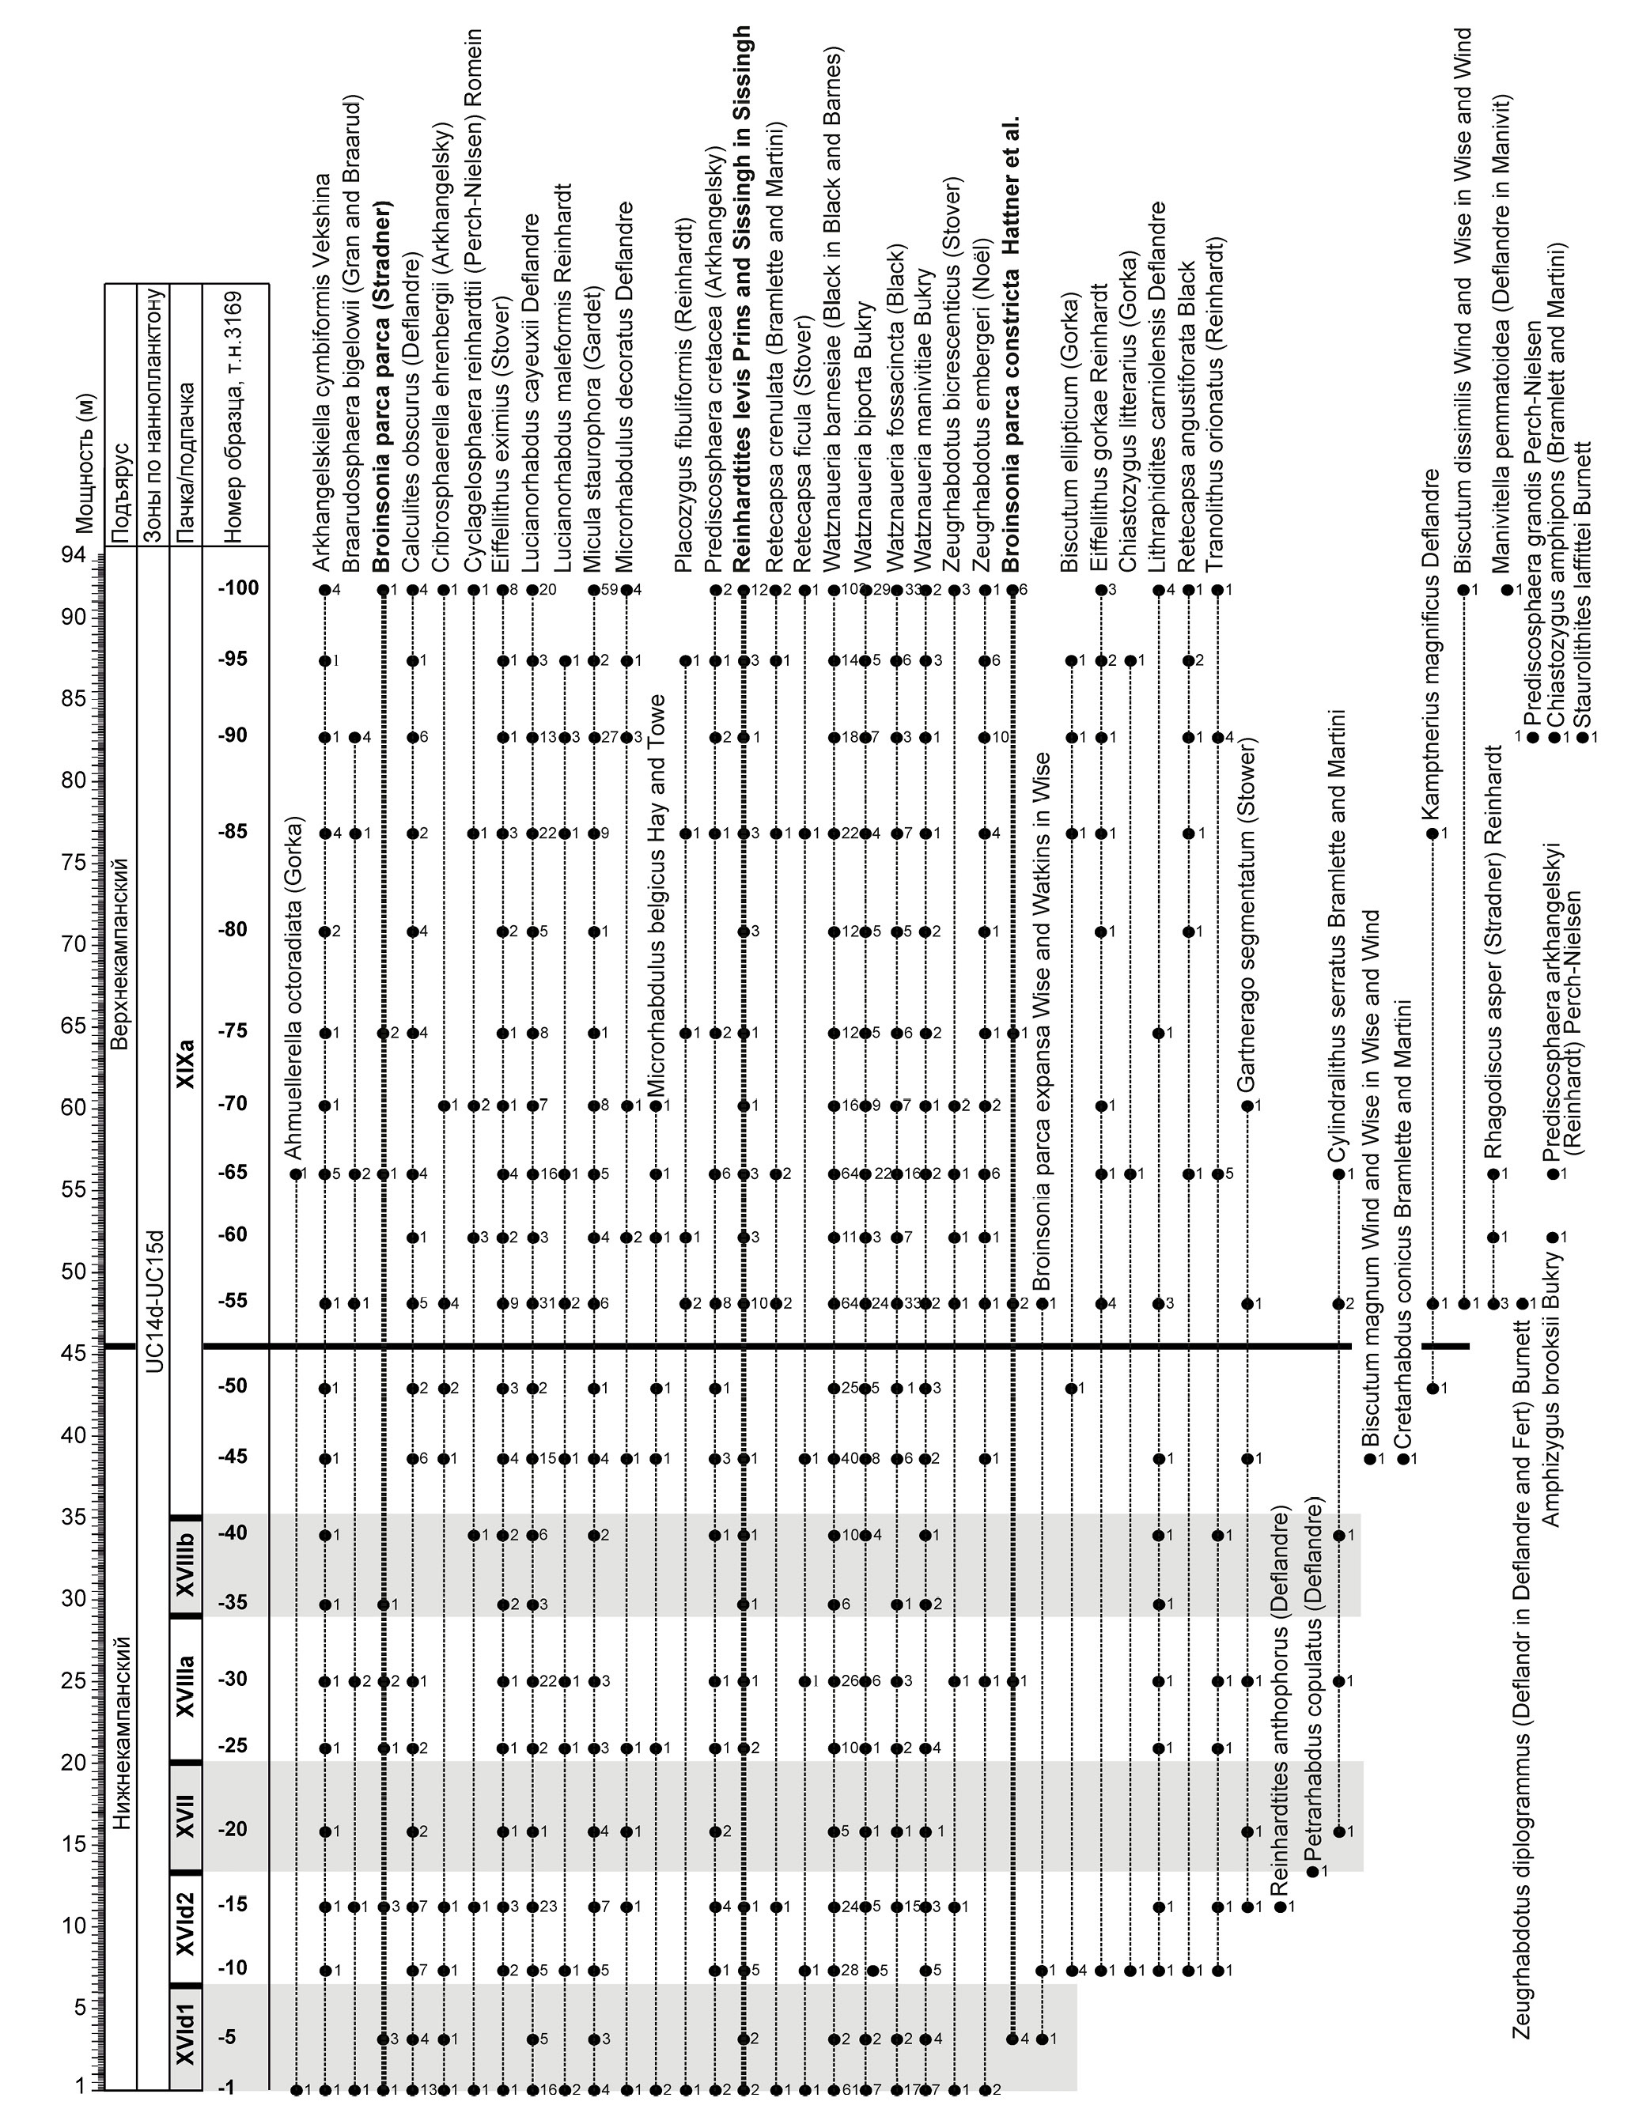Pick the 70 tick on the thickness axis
point(75,943)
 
